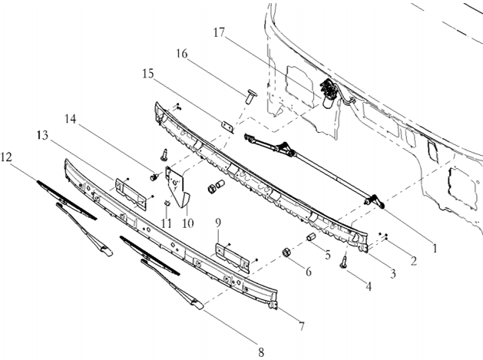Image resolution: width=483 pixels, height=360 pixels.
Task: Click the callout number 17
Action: coord(220,33)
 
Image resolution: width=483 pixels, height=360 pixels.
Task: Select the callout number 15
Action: coord(148,74)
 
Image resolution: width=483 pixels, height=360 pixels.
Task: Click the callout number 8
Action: coord(261,352)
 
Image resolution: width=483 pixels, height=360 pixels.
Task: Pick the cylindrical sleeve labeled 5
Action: coord(312,237)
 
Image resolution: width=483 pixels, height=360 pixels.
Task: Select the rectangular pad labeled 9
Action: coord(231,255)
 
